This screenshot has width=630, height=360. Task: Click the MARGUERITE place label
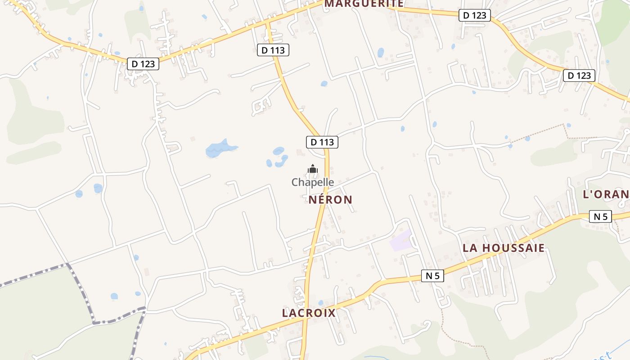pos(364,4)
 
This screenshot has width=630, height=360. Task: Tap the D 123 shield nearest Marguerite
pos(475,15)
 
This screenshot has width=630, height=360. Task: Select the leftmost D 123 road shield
pos(144,64)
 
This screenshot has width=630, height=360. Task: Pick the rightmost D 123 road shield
pos(579,76)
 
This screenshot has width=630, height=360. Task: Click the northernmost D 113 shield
pos(273,50)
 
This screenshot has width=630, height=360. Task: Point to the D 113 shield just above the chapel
pos(322,142)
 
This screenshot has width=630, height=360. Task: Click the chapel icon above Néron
pos(313,169)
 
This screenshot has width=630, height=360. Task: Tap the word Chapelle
pos(313,182)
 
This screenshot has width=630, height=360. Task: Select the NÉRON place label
pos(331,200)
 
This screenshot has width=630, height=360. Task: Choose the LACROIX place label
pos(309,313)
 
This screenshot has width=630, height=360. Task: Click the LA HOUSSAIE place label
pos(504,248)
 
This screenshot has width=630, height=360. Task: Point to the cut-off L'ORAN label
pos(606,194)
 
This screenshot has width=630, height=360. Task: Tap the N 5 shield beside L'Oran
pos(600,216)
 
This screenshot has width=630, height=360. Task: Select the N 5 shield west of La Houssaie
pos(432,276)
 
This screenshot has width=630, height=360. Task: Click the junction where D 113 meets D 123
pos(267,21)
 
